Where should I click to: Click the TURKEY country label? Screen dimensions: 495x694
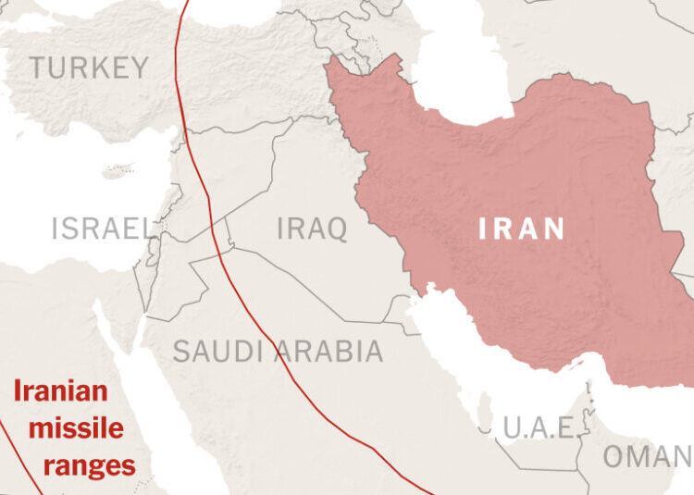click(89, 68)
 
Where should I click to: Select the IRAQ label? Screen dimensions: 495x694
click(312, 228)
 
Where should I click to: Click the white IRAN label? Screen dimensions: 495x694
click(521, 229)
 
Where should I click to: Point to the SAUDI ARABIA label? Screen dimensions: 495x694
click(278, 352)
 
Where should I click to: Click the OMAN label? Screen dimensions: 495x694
click(648, 456)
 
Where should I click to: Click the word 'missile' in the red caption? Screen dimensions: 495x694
click(76, 428)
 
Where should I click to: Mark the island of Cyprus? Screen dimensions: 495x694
click(118, 171)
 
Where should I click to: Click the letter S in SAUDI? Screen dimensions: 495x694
click(181, 352)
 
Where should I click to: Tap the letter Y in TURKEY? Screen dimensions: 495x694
click(139, 68)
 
